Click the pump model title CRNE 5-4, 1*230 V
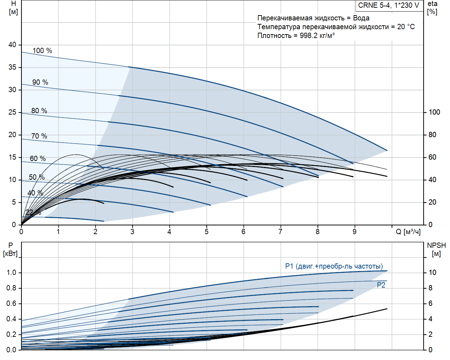[x=388, y=5]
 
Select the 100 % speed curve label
[x=42, y=51]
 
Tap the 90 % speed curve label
[x=40, y=82]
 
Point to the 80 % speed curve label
[x=39, y=111]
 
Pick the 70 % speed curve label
[x=39, y=136]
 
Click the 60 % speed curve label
[x=38, y=159]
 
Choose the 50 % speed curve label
[x=37, y=177]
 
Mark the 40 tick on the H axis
[x=12, y=45]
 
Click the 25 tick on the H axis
[x=12, y=112]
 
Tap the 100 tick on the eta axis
[x=434, y=112]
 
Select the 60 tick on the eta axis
[x=432, y=157]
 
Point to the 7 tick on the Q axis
[x=280, y=232]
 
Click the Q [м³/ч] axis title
[x=408, y=232]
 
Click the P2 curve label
[x=381, y=285]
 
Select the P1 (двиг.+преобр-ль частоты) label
[x=334, y=266]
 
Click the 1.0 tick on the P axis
[x=11, y=272]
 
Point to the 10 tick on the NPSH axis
[x=432, y=272]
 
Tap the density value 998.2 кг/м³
[x=317, y=36]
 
